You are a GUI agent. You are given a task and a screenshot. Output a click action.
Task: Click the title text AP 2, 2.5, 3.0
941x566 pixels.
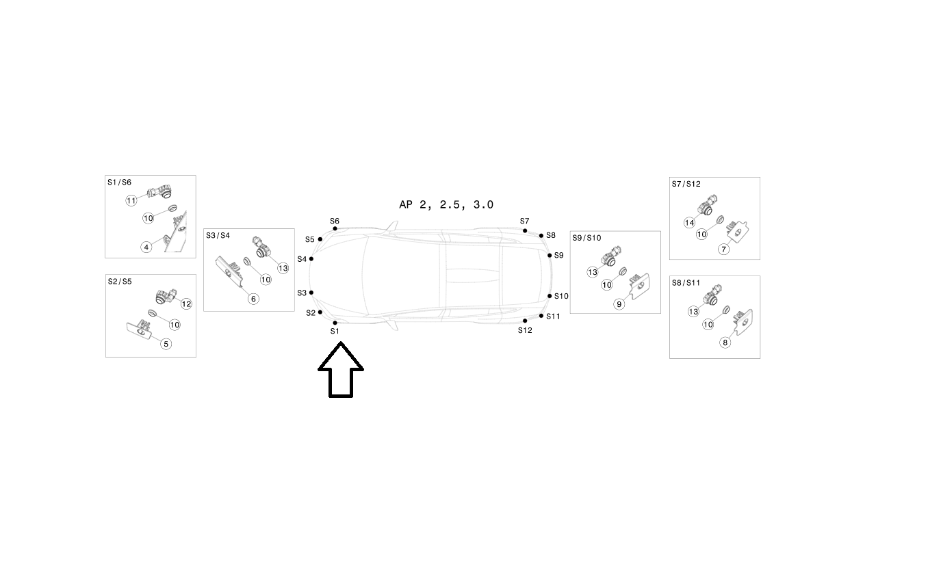(446, 204)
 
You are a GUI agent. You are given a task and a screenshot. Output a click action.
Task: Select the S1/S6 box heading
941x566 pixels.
(119, 183)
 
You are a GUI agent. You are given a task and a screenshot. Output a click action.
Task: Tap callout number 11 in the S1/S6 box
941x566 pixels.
(131, 200)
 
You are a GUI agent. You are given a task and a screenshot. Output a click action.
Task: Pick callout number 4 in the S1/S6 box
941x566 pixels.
(146, 247)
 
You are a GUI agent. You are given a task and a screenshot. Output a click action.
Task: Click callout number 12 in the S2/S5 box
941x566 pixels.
(186, 304)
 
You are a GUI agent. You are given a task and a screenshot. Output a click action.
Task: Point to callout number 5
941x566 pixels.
(166, 344)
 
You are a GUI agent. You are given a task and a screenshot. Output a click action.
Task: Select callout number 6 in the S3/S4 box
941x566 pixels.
(253, 299)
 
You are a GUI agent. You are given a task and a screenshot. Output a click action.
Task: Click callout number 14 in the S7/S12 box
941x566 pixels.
(689, 223)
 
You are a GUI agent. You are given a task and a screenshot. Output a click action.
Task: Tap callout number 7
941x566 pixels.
(723, 250)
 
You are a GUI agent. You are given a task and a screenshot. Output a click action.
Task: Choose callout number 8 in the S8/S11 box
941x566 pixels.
(725, 342)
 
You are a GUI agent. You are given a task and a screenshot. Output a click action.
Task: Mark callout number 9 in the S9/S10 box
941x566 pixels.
(619, 304)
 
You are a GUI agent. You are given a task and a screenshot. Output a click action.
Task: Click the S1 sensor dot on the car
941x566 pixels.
(335, 323)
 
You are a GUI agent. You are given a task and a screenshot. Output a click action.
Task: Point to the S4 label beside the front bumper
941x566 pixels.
(302, 259)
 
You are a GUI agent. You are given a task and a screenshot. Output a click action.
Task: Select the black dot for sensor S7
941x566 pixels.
(525, 231)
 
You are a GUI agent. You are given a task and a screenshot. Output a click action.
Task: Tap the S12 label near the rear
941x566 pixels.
(525, 330)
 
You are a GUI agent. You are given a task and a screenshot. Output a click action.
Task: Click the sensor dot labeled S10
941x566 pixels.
(550, 296)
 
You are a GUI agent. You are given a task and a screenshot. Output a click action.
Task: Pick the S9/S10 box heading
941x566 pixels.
(586, 238)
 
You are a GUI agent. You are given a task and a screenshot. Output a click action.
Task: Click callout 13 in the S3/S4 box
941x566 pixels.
(283, 268)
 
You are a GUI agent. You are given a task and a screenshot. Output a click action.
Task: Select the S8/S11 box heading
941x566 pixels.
(686, 282)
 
